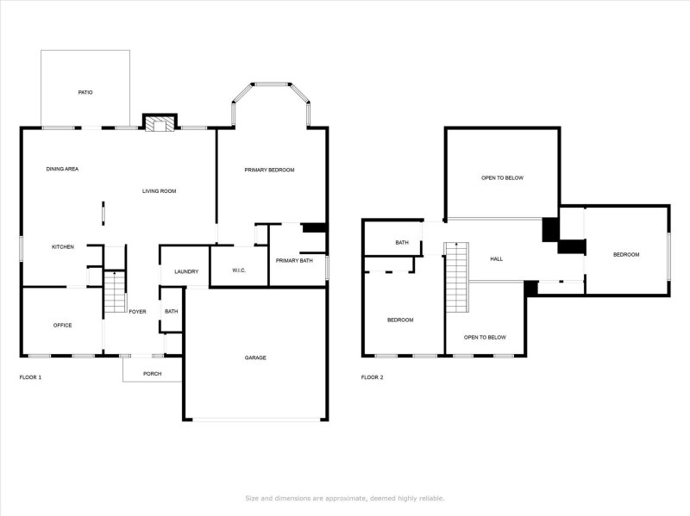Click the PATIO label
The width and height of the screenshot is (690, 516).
(85, 92)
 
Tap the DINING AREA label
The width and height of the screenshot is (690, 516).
(62, 169)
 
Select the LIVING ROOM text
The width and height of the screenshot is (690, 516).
(160, 190)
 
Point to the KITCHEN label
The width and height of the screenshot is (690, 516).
(63, 247)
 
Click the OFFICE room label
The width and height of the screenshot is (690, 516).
(62, 325)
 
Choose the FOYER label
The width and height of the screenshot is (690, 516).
(137, 312)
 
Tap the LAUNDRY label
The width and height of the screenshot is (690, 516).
(186, 272)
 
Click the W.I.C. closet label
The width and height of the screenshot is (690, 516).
(240, 271)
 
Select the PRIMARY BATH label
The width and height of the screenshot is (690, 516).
(294, 260)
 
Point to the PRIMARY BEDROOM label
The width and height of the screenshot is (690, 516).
(269, 170)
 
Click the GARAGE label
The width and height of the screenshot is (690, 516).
(255, 357)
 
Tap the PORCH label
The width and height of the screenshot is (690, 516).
(153, 374)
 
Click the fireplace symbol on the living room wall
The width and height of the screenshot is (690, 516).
(158, 124)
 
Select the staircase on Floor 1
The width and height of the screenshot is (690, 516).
(115, 293)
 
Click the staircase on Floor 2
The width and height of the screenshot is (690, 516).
(456, 278)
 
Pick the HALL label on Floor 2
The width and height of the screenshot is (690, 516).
(496, 258)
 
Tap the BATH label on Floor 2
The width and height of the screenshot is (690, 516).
(402, 243)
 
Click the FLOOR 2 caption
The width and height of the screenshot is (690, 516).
(372, 377)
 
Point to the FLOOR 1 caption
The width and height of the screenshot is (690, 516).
(30, 377)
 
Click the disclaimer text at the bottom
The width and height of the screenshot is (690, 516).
(345, 498)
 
